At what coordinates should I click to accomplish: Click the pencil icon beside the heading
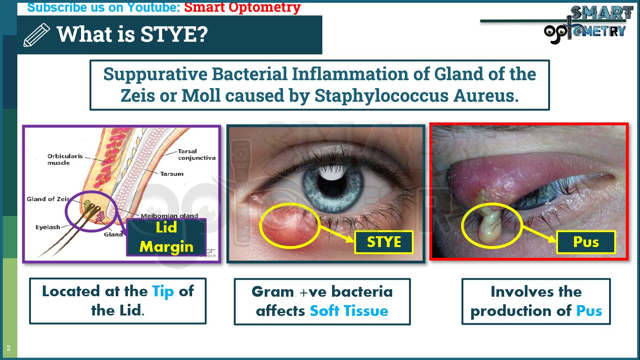pyautogui.click(x=36, y=35)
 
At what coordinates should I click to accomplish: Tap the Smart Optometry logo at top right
pyautogui.click(x=586, y=24)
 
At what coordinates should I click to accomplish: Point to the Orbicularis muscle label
pyautogui.click(x=65, y=159)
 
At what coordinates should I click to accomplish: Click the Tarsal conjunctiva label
pyautogui.click(x=196, y=155)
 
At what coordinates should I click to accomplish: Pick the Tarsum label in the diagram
pyautogui.click(x=171, y=174)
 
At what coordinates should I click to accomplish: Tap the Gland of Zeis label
pyautogui.click(x=48, y=199)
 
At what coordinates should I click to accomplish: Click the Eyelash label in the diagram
pyautogui.click(x=48, y=227)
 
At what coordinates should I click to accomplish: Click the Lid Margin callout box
pyautogui.click(x=166, y=237)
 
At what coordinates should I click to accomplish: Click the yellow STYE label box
pyautogui.click(x=384, y=242)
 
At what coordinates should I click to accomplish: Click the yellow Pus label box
pyautogui.click(x=586, y=242)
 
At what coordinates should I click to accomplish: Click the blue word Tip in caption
pyautogui.click(x=163, y=291)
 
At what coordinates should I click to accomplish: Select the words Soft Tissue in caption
pyautogui.click(x=349, y=311)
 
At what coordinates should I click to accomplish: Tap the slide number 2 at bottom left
pyautogui.click(x=8, y=348)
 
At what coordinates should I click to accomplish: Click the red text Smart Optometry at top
pyautogui.click(x=242, y=7)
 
